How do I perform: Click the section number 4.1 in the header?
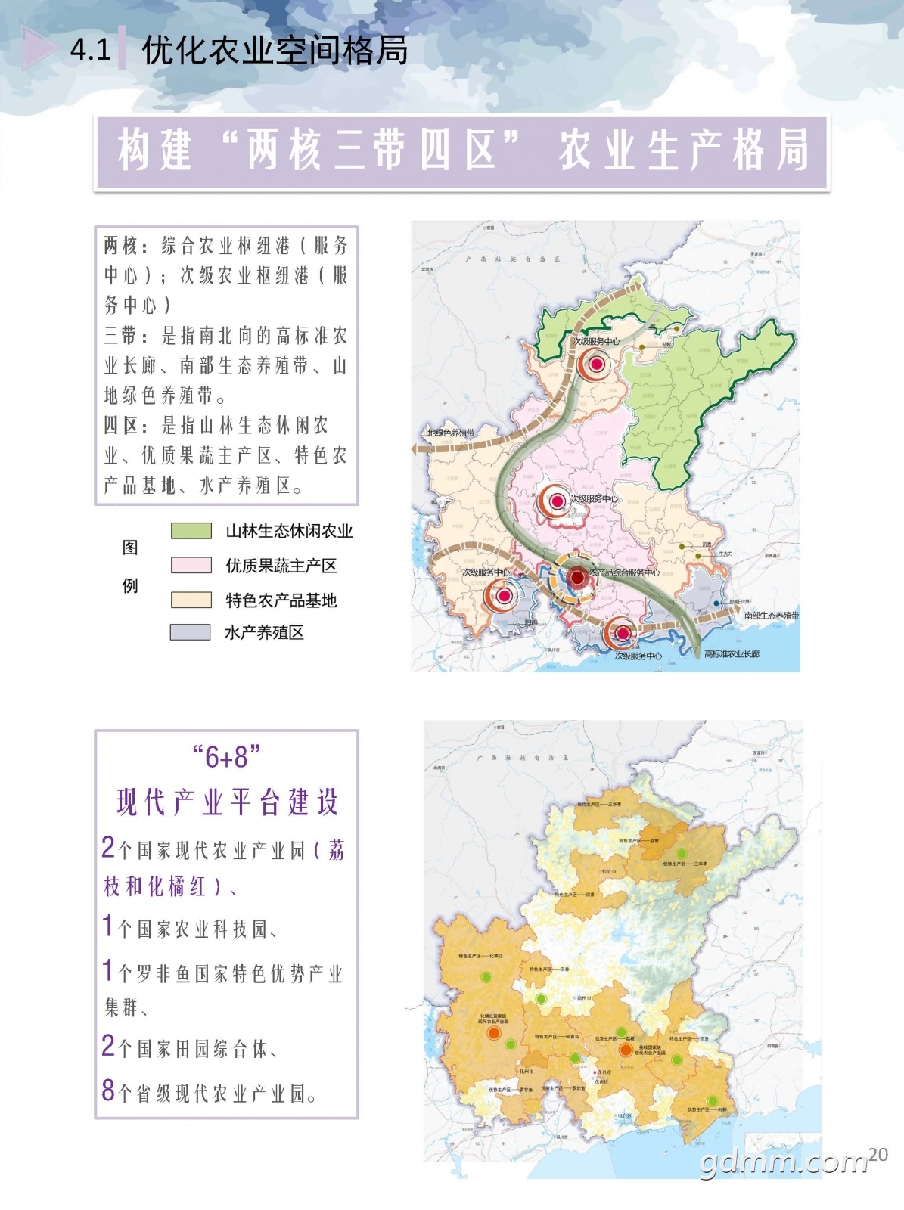90,50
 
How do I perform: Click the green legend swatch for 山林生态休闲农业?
191,531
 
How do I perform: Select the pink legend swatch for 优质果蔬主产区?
191,565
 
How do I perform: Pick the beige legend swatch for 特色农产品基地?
191,600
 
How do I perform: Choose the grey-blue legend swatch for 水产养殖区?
191,632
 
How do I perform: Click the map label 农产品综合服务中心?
624,572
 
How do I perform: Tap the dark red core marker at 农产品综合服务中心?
577,578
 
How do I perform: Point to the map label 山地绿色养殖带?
447,433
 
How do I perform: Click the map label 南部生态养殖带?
771,616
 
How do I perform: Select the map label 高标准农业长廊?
732,653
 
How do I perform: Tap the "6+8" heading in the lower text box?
226,756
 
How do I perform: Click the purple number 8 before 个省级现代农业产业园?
108,1091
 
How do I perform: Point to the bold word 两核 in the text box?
120,246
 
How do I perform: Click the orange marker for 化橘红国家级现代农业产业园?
494,1033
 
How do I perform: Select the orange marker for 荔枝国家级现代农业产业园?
626,1050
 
